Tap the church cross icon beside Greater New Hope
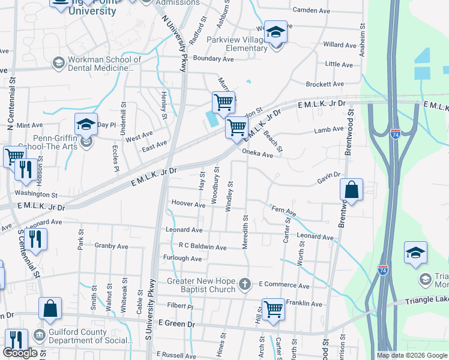tap(245, 283)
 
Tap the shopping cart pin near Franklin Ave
tap(273, 310)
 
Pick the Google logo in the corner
tap(20, 353)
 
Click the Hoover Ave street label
tap(188, 204)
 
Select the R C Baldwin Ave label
tap(202, 247)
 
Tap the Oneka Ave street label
tap(258, 154)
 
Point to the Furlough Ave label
tap(182, 258)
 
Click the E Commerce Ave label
tap(284, 286)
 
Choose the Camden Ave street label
tap(311, 10)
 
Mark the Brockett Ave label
tap(324, 85)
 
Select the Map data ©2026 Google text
tap(412, 355)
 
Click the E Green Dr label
tap(176, 323)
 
